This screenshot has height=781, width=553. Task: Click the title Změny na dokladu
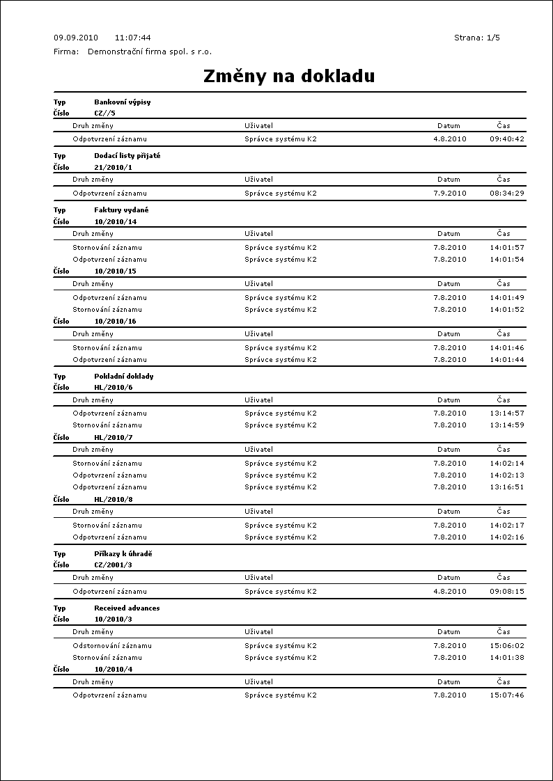tap(289, 77)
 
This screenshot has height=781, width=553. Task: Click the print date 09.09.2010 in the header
tap(76, 38)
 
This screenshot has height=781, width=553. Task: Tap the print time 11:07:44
tap(132, 38)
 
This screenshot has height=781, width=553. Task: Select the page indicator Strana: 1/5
tap(477, 38)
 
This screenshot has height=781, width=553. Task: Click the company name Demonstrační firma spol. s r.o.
tap(150, 52)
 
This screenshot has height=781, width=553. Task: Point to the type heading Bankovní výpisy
tap(123, 102)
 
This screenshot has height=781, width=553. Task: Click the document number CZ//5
tap(104, 113)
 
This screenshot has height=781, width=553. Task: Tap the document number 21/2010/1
tap(113, 167)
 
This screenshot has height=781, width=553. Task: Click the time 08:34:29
tap(507, 194)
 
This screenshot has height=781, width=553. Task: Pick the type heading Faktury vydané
tap(121, 210)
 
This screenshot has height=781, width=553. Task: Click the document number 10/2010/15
tap(115, 271)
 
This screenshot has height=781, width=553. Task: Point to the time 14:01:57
tap(507, 247)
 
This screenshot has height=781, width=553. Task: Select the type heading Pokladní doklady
tap(124, 376)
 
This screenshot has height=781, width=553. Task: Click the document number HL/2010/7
tap(113, 437)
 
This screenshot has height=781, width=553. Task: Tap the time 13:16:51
tap(507, 487)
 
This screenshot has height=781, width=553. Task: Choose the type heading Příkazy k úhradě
tap(123, 554)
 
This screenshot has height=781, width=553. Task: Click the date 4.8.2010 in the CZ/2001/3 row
tap(450, 592)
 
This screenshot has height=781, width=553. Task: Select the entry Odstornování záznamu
tap(112, 645)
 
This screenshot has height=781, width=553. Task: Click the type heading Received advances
tap(127, 608)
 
